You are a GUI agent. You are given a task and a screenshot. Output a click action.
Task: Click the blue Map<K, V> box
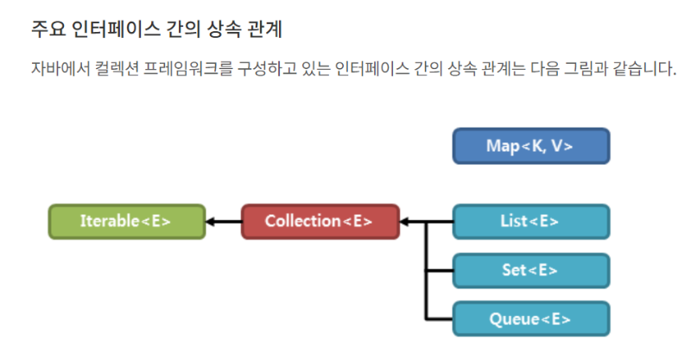pyautogui.click(x=530, y=146)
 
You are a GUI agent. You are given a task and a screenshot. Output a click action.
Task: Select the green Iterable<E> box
pyautogui.click(x=126, y=222)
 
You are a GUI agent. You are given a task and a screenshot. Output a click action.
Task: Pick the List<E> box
pyautogui.click(x=530, y=222)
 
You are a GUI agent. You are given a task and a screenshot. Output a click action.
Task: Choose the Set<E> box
pyautogui.click(x=530, y=270)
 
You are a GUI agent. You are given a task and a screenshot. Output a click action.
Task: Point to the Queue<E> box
pyautogui.click(x=530, y=319)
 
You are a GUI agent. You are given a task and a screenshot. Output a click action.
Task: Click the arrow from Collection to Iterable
pyautogui.click(x=224, y=222)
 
